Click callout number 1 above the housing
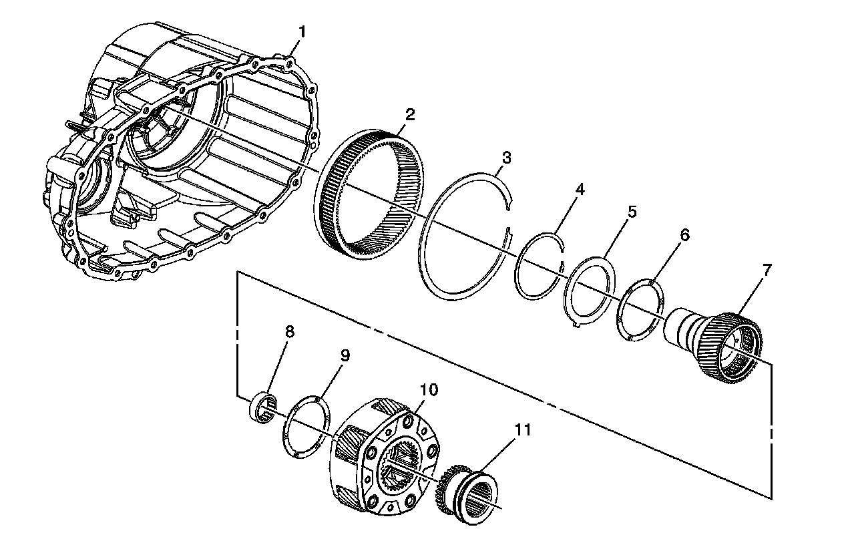click(302, 31)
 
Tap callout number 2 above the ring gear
click(409, 114)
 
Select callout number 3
click(507, 158)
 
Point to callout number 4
click(580, 190)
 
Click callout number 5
click(632, 212)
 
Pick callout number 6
click(684, 234)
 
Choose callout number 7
click(767, 270)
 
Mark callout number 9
click(344, 355)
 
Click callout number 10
click(428, 389)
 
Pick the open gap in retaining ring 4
click(563, 254)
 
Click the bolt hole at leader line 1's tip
click(288, 63)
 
